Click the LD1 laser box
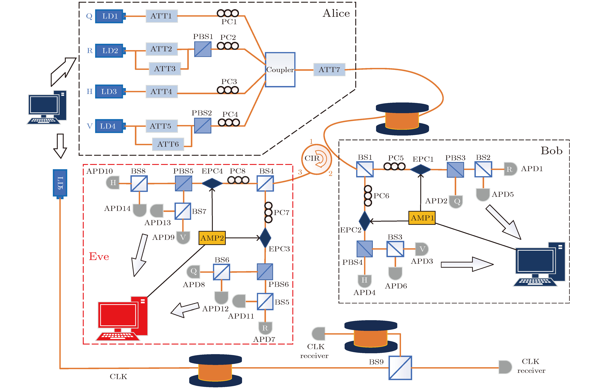pyautogui.click(x=109, y=16)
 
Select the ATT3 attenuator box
pyautogui.click(x=165, y=69)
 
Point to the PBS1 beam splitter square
pyautogui.click(x=203, y=49)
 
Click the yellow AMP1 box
pyautogui.click(x=422, y=218)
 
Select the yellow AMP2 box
pyautogui.click(x=212, y=238)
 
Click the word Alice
pyautogui.click(x=336, y=13)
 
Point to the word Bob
pyautogui.click(x=551, y=151)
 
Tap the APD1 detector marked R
pyautogui.click(x=510, y=169)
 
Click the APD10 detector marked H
pyautogui.click(x=113, y=182)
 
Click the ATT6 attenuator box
pyautogui.click(x=168, y=144)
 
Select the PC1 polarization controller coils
pyautogui.click(x=228, y=13)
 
